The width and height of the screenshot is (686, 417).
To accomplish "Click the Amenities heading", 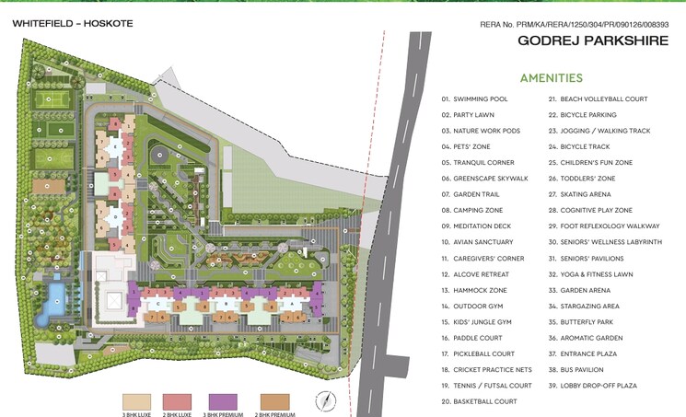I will coord(551,78).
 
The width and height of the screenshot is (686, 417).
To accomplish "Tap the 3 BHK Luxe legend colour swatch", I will coord(135,400).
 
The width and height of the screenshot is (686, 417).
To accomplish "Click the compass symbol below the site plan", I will coord(323,400).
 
